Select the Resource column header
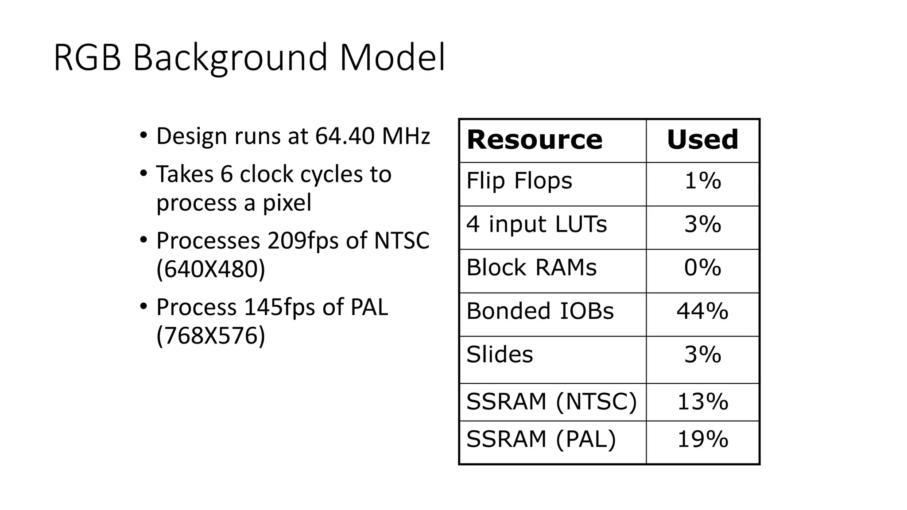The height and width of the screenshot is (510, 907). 535,140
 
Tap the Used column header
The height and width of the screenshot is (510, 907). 702,140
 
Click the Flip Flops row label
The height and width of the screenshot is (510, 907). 519,181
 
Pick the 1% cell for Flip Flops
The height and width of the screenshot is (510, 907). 702,181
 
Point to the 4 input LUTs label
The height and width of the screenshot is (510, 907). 536,224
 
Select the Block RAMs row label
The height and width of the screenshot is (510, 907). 531,268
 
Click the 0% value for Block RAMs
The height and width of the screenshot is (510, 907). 702,268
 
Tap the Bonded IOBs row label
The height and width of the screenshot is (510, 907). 540,311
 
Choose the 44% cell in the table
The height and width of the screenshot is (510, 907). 702,311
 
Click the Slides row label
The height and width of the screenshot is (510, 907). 500,355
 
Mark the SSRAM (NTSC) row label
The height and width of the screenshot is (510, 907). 551,402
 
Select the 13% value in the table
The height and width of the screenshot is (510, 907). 702,402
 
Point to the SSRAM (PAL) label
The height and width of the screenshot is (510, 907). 541,440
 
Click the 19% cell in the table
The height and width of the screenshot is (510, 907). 702,440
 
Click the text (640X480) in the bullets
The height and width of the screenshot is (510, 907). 211,269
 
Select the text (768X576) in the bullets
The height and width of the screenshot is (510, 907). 211,335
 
